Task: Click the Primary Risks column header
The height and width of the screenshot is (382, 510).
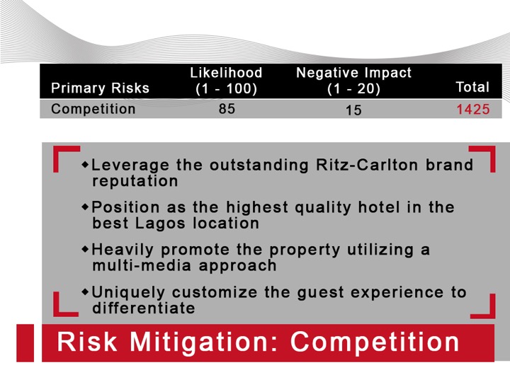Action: (100, 88)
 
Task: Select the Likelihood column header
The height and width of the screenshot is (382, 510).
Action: (226, 81)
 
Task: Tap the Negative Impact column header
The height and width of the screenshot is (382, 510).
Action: (353, 81)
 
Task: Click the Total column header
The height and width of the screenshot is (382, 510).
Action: (472, 87)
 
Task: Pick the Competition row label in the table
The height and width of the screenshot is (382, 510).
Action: (93, 109)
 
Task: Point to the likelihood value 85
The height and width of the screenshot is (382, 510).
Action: (227, 109)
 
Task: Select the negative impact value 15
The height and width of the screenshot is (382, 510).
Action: (353, 110)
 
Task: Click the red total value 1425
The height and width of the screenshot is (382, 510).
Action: (473, 110)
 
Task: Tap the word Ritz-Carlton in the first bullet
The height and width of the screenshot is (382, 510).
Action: (367, 165)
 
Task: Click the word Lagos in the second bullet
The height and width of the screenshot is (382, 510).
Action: (160, 224)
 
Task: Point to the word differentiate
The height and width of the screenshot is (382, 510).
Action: (143, 308)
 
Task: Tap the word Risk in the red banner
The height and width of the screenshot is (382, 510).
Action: (87, 342)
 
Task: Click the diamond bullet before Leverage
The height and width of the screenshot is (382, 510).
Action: (85, 165)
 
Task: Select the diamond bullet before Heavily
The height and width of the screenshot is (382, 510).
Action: (85, 250)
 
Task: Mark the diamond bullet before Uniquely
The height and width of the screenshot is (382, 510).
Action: (85, 292)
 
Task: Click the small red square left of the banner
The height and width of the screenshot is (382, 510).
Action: (25, 342)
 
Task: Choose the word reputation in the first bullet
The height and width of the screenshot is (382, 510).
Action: (135, 181)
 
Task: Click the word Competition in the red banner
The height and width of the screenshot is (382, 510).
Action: (375, 342)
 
